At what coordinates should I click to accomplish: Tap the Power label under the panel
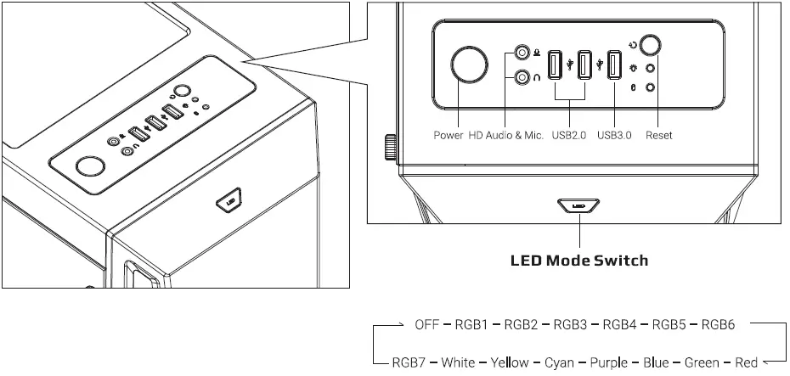448,135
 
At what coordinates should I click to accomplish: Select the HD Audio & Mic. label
505,135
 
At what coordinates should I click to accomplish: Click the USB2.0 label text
569,135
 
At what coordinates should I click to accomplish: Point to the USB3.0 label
614,135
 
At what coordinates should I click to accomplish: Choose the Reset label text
659,135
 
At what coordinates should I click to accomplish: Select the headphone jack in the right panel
523,76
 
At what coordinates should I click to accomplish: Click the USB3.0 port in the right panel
614,66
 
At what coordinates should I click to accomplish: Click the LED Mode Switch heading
578,260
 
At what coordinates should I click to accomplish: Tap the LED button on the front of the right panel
578,205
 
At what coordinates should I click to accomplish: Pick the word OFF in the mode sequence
427,324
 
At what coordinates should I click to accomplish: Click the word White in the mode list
458,362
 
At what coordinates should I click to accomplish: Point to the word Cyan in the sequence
559,362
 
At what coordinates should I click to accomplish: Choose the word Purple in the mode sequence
608,362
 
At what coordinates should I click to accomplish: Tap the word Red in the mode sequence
746,362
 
